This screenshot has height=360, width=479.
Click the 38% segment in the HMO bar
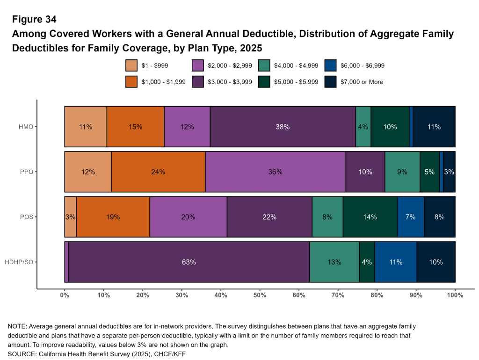pos(283,127)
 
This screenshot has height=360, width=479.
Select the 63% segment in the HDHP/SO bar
pos(189,262)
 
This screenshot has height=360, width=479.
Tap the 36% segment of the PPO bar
pos(275,172)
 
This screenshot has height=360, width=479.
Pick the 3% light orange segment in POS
pos(70,217)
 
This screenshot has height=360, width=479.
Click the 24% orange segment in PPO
pos(158,172)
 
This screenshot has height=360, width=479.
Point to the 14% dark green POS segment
pos(370,217)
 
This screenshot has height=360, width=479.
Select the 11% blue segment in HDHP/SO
pos(395,262)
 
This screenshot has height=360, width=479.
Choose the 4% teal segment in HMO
pos(363,127)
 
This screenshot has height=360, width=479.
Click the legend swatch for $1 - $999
pos(131,66)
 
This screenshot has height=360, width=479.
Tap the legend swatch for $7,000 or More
pos(331,82)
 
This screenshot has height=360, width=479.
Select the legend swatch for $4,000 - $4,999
pos(264,66)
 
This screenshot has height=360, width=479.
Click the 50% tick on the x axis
pos(260,295)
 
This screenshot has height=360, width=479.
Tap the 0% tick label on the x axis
pos(65,295)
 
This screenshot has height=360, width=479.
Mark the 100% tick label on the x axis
pos(455,295)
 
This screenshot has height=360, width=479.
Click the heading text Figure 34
pos(35,20)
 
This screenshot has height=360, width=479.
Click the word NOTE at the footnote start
pos(16,326)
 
